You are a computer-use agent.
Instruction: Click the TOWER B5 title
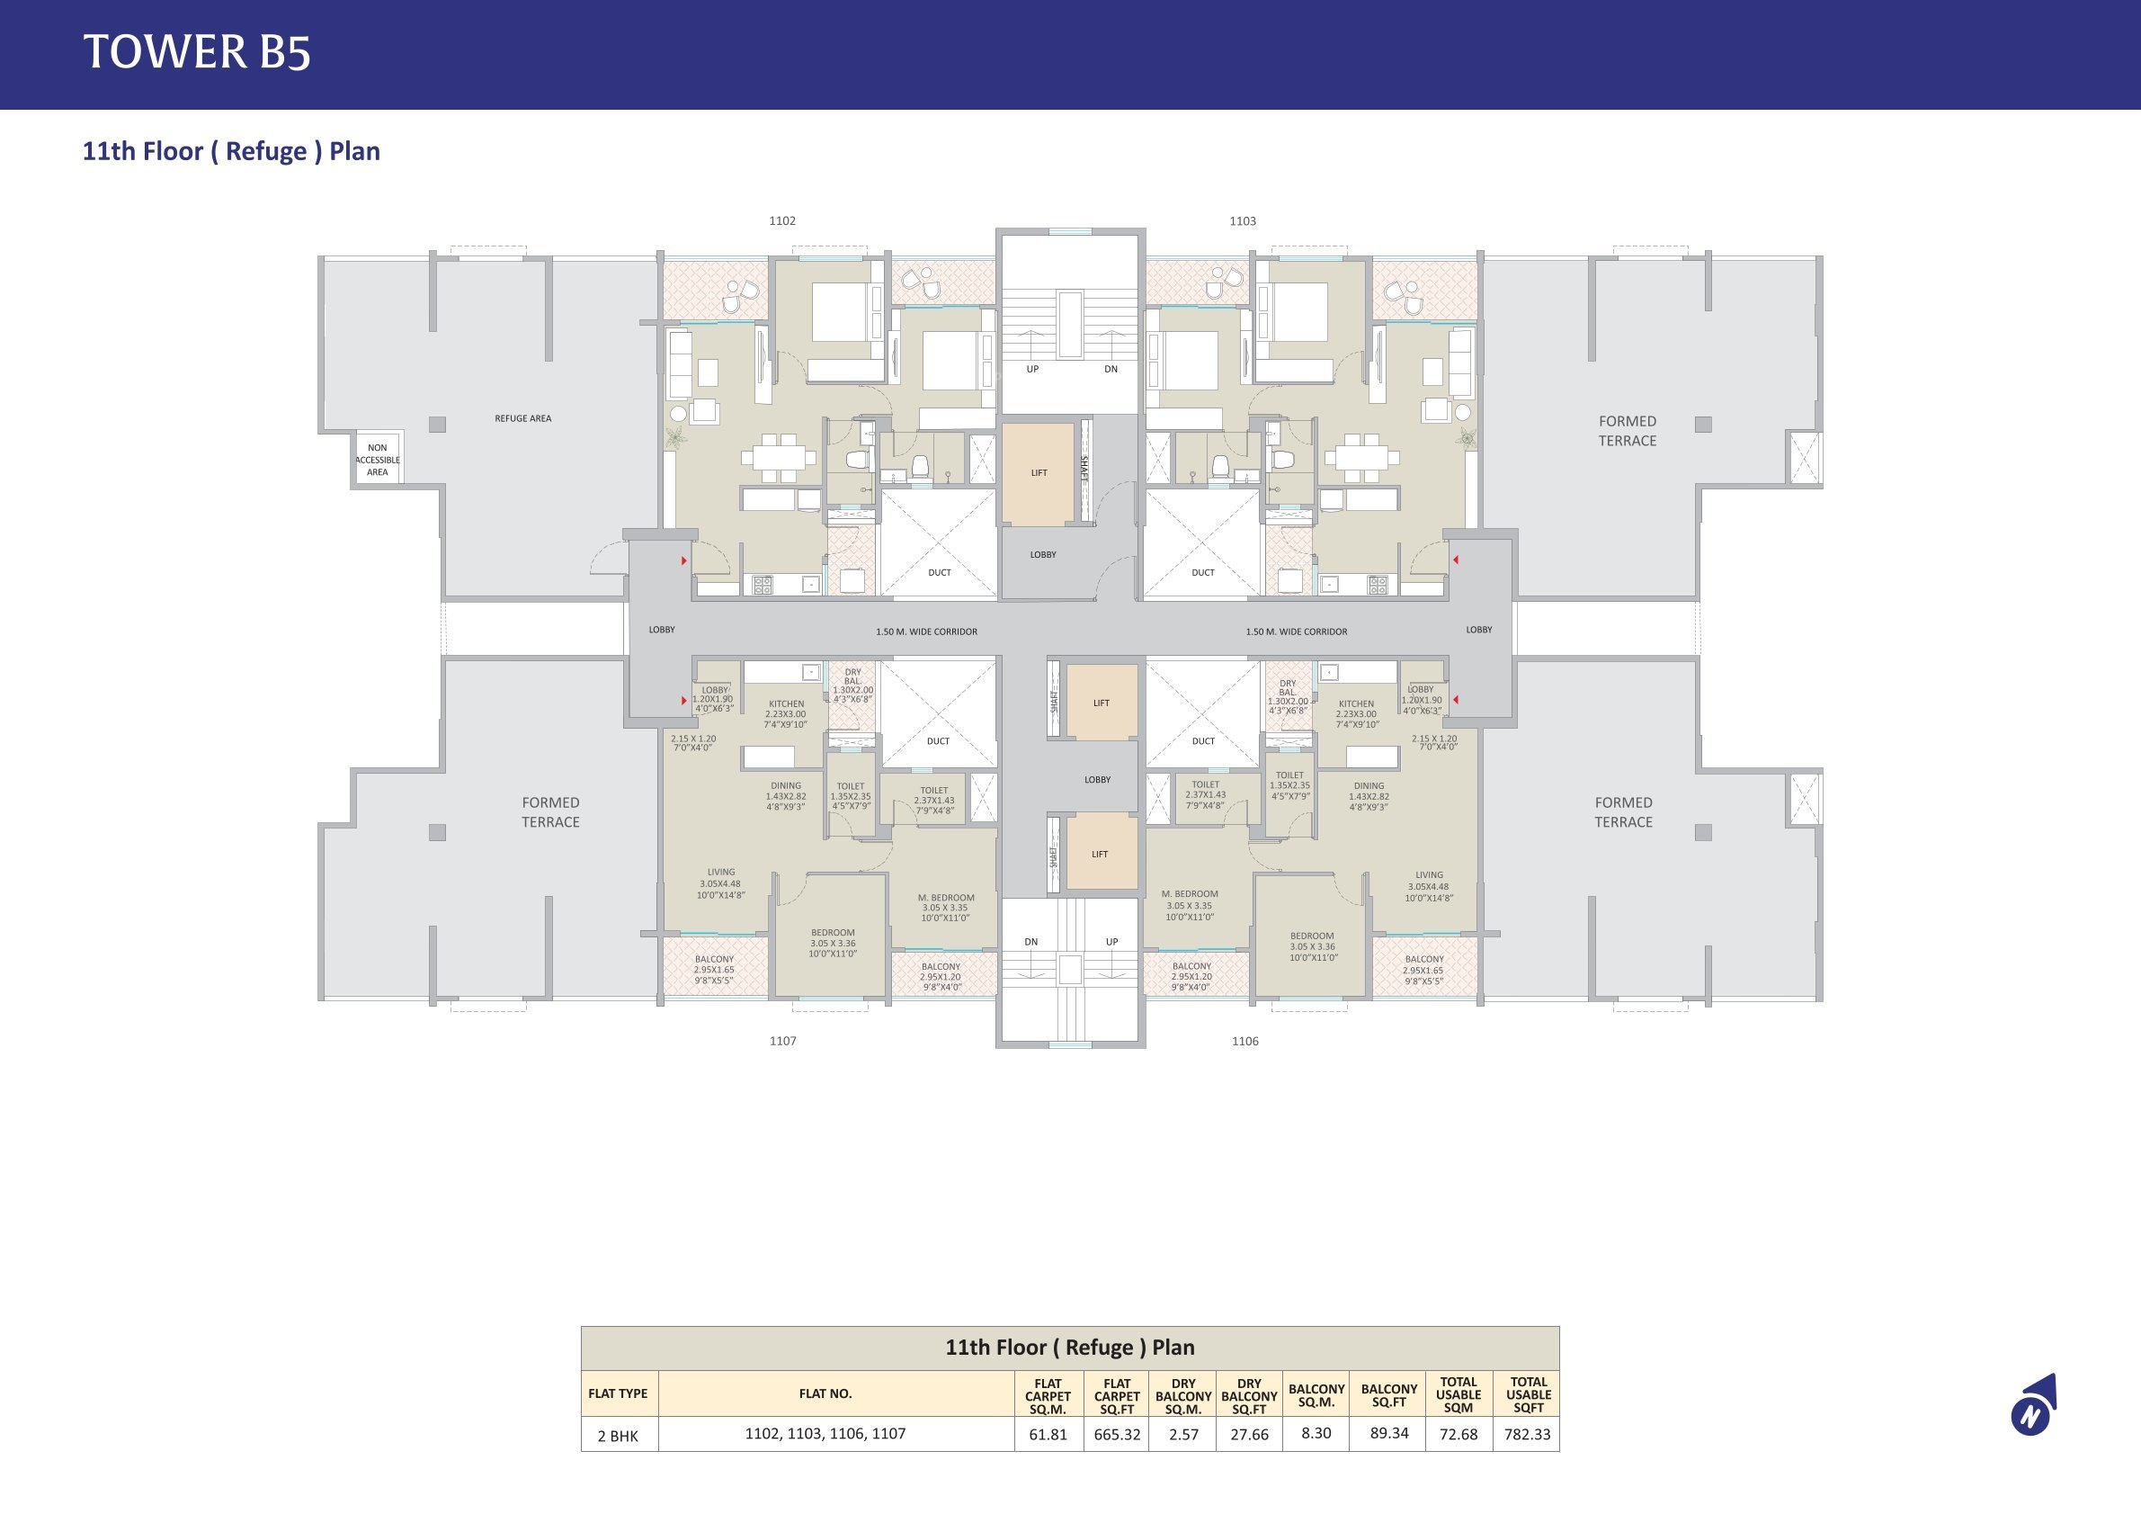(x=197, y=52)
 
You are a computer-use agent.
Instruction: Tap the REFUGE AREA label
(x=522, y=419)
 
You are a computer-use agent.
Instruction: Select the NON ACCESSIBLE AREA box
(x=378, y=459)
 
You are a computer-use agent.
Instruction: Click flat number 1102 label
(x=782, y=221)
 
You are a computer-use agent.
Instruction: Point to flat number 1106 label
(x=1244, y=1041)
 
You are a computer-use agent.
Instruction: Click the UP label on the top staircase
(x=1032, y=370)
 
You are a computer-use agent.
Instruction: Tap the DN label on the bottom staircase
(x=1031, y=942)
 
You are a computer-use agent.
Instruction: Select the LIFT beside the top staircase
(x=1039, y=473)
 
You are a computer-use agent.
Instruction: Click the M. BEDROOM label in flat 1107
(x=946, y=898)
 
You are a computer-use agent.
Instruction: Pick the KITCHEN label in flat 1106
(x=1356, y=704)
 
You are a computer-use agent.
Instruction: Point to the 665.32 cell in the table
(x=1117, y=1435)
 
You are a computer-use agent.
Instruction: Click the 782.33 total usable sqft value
(x=1528, y=1435)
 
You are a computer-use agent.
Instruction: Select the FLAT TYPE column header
(x=618, y=1393)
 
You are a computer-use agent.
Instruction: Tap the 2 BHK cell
(x=619, y=1436)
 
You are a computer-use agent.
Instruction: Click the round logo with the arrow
(x=2033, y=1406)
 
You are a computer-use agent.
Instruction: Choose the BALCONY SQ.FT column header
(x=1388, y=1395)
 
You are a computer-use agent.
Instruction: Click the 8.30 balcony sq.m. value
(x=1316, y=1433)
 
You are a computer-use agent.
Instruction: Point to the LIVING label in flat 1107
(x=721, y=873)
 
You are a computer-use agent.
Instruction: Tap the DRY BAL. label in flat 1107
(x=852, y=676)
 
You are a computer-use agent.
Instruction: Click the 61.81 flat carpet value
(x=1048, y=1435)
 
